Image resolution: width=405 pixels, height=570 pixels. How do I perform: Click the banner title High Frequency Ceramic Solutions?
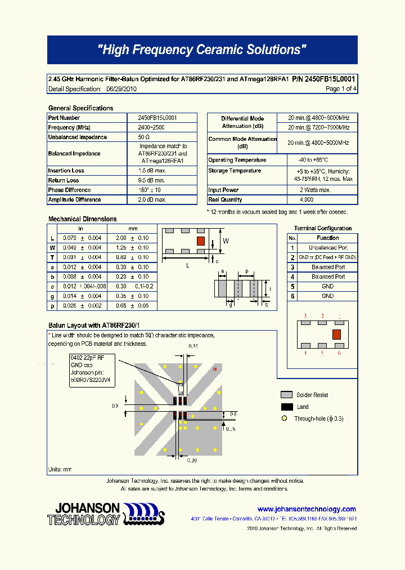point(202,50)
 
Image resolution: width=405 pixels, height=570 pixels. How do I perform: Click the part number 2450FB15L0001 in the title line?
point(330,79)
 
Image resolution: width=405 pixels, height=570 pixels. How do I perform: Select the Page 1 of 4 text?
point(341,89)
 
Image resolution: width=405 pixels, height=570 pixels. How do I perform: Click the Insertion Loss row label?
point(66,171)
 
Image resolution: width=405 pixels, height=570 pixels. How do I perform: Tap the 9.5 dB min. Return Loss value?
point(151,180)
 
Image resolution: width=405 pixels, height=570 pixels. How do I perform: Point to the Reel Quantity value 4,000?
point(307,200)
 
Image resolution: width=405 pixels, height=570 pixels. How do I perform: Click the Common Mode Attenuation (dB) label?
point(242,142)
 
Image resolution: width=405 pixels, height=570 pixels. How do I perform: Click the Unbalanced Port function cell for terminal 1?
point(328,247)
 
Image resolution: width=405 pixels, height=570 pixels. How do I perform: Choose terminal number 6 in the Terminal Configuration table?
point(292,296)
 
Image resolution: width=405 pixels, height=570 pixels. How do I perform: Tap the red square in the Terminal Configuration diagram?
point(336,335)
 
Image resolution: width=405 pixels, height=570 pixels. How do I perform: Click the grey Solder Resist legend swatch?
point(286,395)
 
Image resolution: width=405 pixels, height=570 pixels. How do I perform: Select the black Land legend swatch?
point(286,407)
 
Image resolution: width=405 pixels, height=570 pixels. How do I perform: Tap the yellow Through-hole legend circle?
point(284,418)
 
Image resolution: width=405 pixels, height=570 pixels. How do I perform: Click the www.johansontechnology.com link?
point(307,509)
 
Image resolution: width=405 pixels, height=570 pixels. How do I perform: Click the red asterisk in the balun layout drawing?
point(214,369)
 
